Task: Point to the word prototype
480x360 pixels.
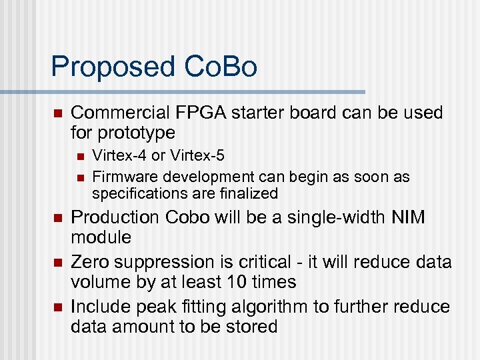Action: coord(138,132)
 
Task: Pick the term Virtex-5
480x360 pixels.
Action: coord(197,157)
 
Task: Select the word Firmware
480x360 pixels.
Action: coord(119,177)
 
